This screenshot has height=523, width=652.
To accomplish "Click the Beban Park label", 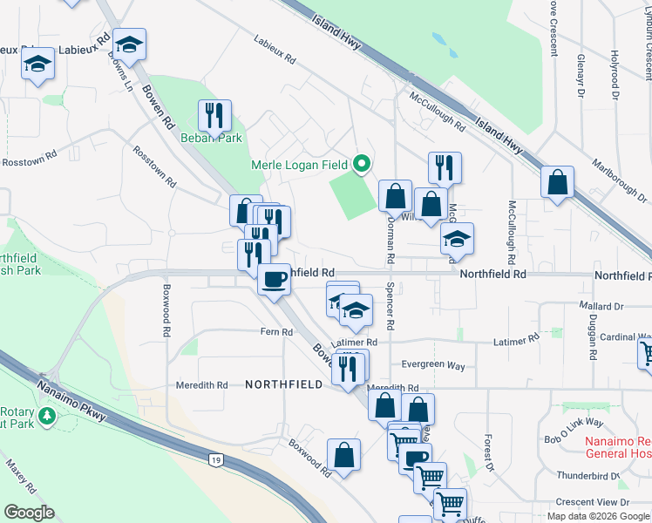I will pyautogui.click(x=210, y=138).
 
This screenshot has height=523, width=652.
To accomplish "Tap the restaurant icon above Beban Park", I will pyautogui.click(x=214, y=115).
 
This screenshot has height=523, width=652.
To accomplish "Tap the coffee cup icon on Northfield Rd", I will pyautogui.click(x=275, y=279).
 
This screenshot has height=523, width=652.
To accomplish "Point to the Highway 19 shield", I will pyautogui.click(x=215, y=459).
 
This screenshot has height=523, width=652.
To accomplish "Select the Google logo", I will pyautogui.click(x=29, y=513).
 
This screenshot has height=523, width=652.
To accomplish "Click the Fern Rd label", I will pyautogui.click(x=275, y=332).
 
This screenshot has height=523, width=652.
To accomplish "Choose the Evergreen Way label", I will pyautogui.click(x=432, y=365).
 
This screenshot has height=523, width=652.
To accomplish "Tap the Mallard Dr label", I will pyautogui.click(x=601, y=307).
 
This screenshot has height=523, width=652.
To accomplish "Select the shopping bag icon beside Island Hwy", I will pyautogui.click(x=557, y=182).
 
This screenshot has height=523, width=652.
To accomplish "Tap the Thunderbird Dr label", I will pyautogui.click(x=588, y=476).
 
